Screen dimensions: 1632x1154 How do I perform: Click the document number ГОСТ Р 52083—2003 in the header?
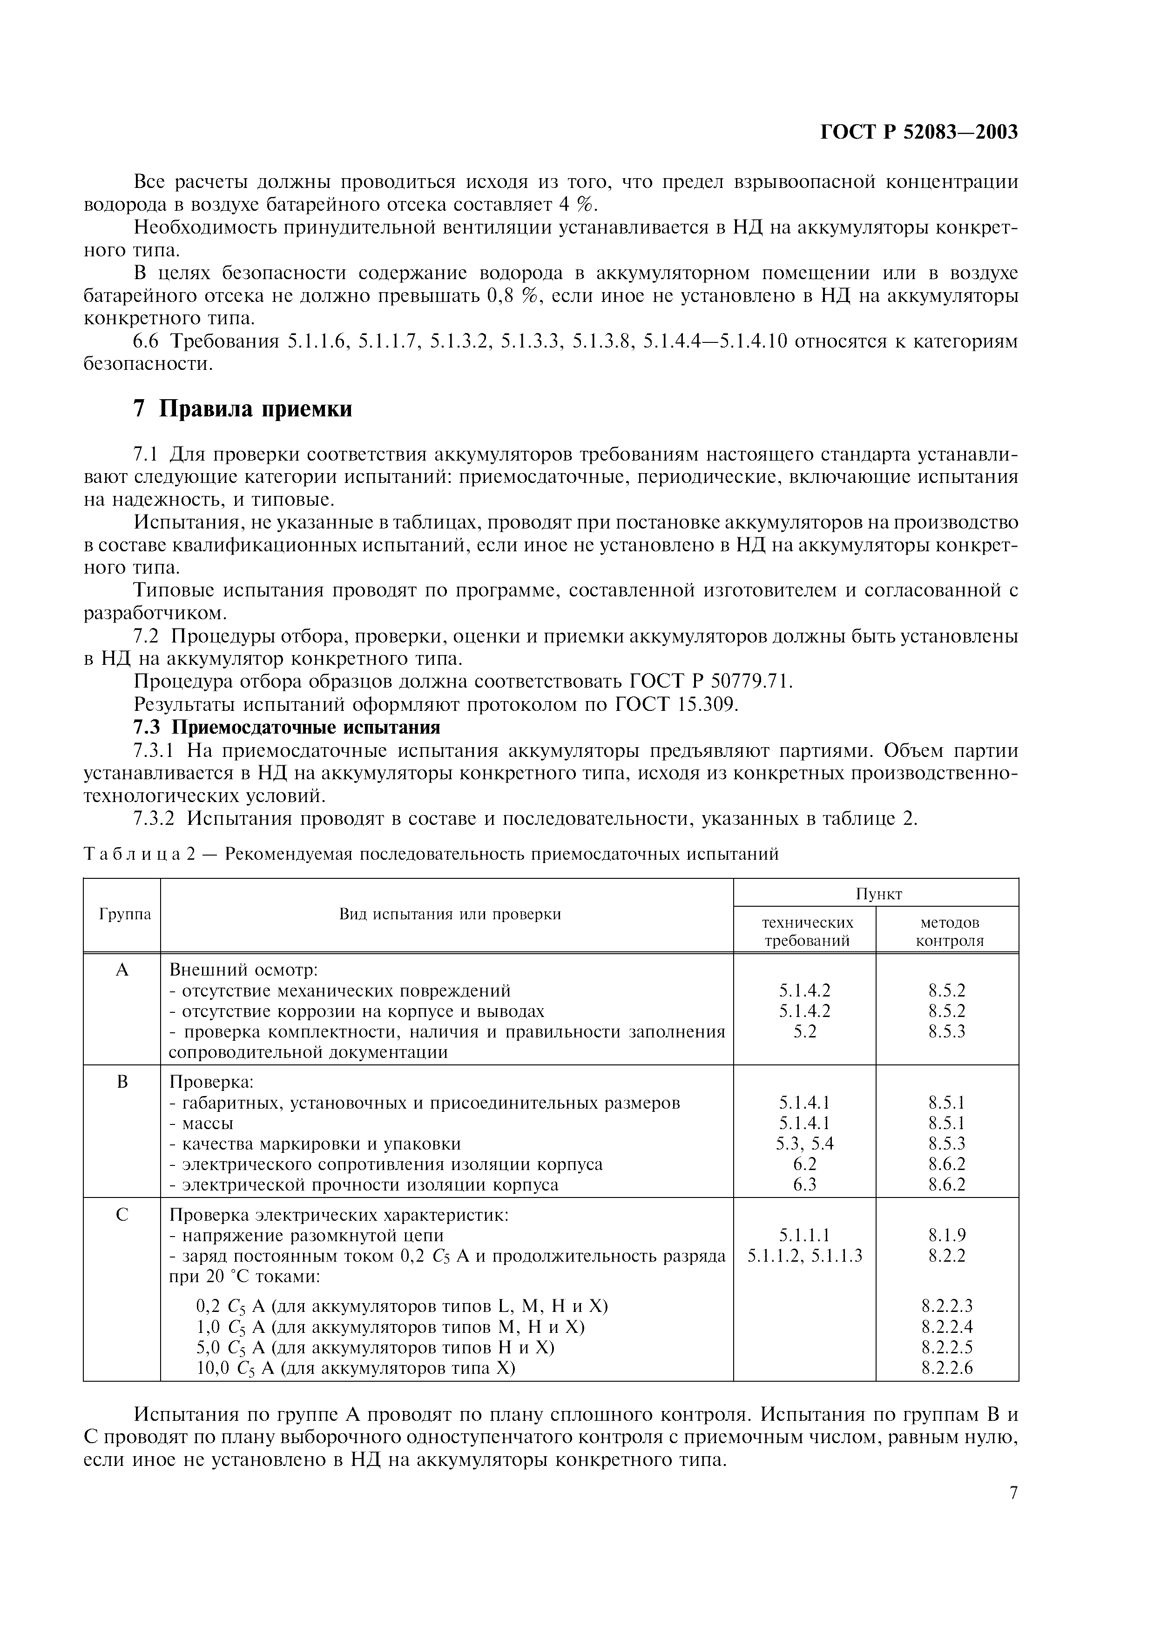click(x=918, y=132)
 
